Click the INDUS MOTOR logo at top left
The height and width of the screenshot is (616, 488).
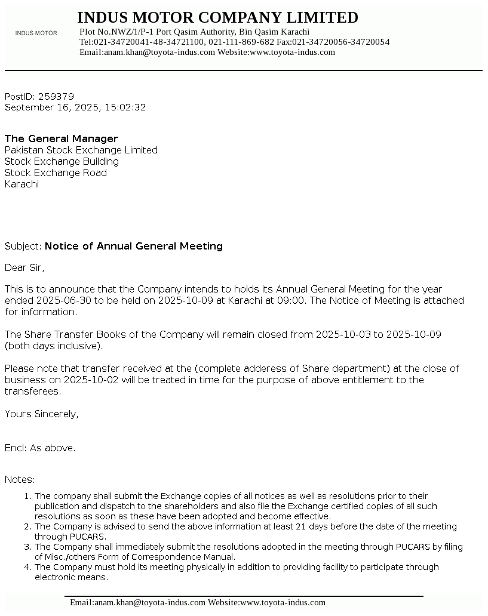[x=36, y=33]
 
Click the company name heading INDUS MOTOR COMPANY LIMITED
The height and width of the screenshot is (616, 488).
[x=217, y=17]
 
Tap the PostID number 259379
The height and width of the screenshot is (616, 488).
[x=56, y=96]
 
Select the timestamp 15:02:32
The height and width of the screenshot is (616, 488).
[x=125, y=107]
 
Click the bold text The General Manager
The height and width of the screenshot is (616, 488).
[x=62, y=138]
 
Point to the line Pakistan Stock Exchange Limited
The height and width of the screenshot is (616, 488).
[x=81, y=150]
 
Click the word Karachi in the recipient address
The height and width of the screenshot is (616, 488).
[x=22, y=184]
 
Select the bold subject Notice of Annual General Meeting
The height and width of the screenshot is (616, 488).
[x=134, y=246]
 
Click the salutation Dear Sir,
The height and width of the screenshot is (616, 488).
[x=24, y=267]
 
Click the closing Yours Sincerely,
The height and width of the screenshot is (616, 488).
[x=42, y=414]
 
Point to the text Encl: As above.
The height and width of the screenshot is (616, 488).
[x=40, y=448]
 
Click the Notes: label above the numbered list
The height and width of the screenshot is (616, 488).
[x=20, y=479]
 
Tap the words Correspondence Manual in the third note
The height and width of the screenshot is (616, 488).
[x=185, y=557]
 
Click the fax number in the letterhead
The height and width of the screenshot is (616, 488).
[x=340, y=42]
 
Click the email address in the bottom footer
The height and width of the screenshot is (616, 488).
[x=137, y=602]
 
